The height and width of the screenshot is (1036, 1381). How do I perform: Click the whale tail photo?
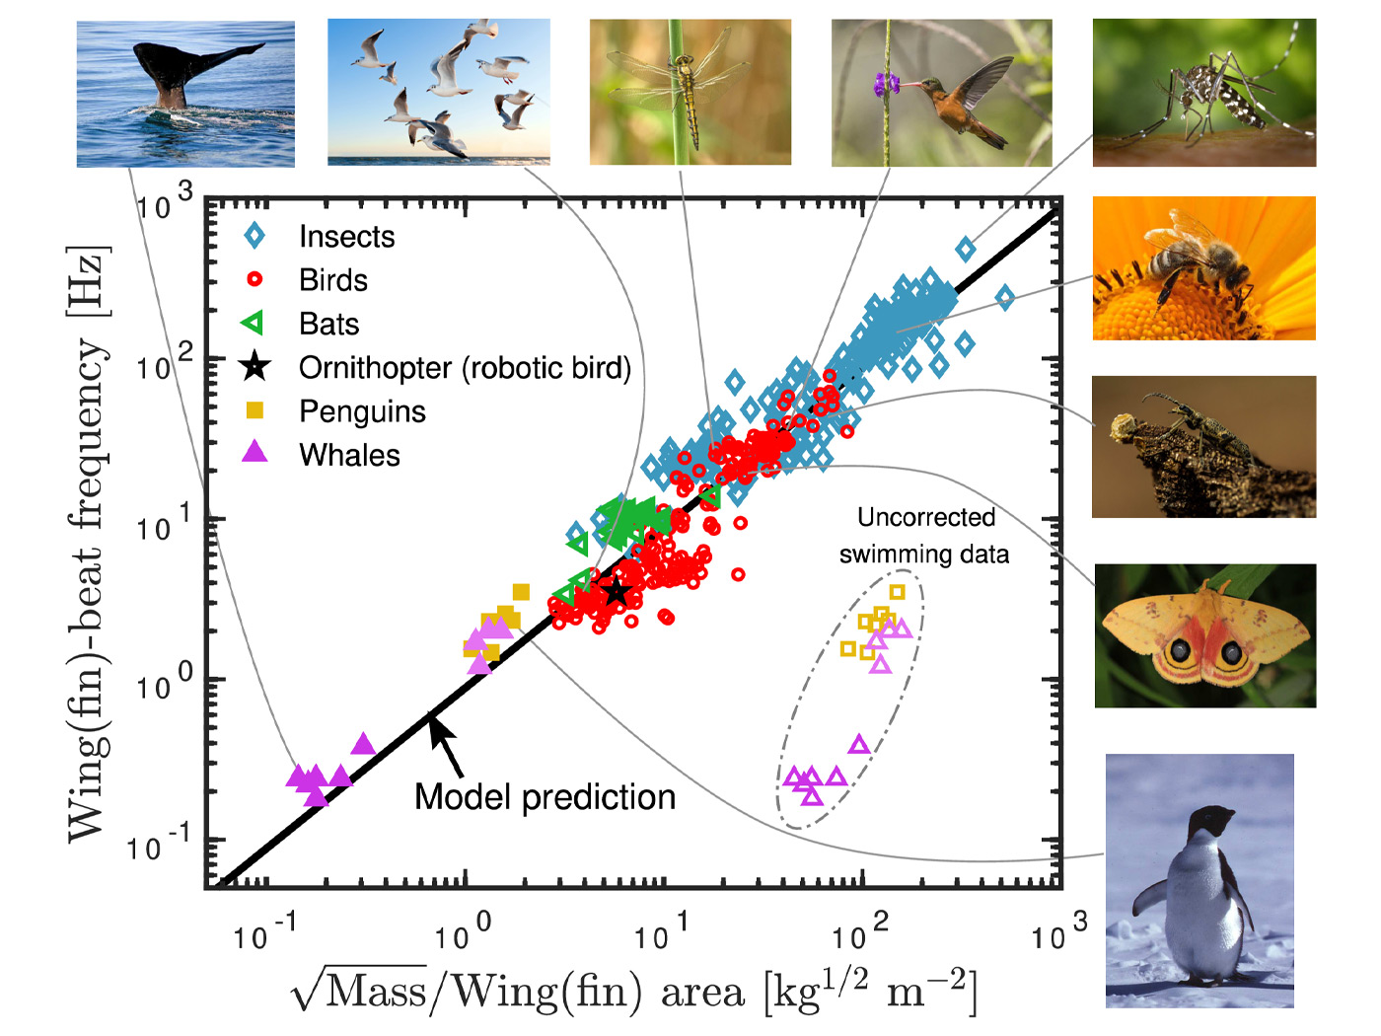click(185, 93)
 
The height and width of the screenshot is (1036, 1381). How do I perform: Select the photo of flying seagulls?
click(438, 91)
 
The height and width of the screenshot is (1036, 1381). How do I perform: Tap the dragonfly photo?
click(690, 92)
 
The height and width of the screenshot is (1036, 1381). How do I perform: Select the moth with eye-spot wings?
click(1204, 636)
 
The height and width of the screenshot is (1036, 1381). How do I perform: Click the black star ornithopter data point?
click(617, 592)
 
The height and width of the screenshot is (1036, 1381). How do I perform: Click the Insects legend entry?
click(345, 237)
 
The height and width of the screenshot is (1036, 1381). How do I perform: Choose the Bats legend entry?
click(328, 325)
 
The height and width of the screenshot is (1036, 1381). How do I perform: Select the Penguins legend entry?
click(361, 411)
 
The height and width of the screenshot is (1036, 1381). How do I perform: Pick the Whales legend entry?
click(349, 455)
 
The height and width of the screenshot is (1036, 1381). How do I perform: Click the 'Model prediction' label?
click(545, 797)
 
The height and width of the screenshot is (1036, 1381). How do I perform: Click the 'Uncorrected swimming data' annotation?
click(924, 536)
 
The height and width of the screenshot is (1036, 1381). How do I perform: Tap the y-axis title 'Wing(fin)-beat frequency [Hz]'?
click(87, 544)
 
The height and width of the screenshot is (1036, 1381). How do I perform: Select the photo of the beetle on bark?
click(1203, 446)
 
